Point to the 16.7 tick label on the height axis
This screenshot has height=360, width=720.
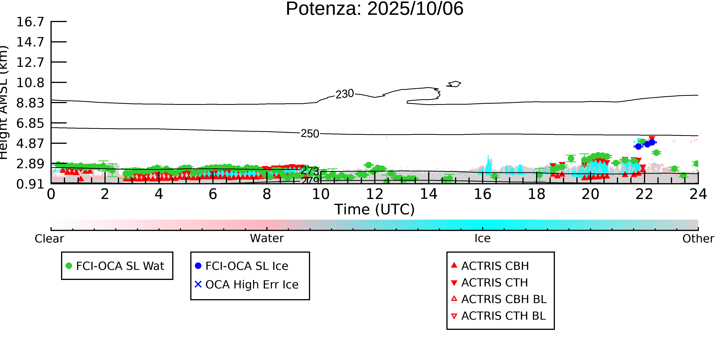tap(30, 22)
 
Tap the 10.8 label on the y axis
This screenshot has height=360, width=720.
tap(30, 83)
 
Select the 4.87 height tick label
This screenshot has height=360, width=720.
tap(30, 144)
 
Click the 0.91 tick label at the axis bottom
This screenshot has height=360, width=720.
tap(30, 184)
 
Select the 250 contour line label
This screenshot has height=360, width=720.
tap(310, 134)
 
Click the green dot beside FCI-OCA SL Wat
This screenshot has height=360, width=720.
tap(69, 266)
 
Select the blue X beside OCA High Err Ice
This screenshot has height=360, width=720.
tap(198, 285)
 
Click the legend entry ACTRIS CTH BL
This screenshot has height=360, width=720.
tap(503, 316)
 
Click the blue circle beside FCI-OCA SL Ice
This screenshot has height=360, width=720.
tap(198, 266)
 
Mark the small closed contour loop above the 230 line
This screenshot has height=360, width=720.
tap(454, 84)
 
